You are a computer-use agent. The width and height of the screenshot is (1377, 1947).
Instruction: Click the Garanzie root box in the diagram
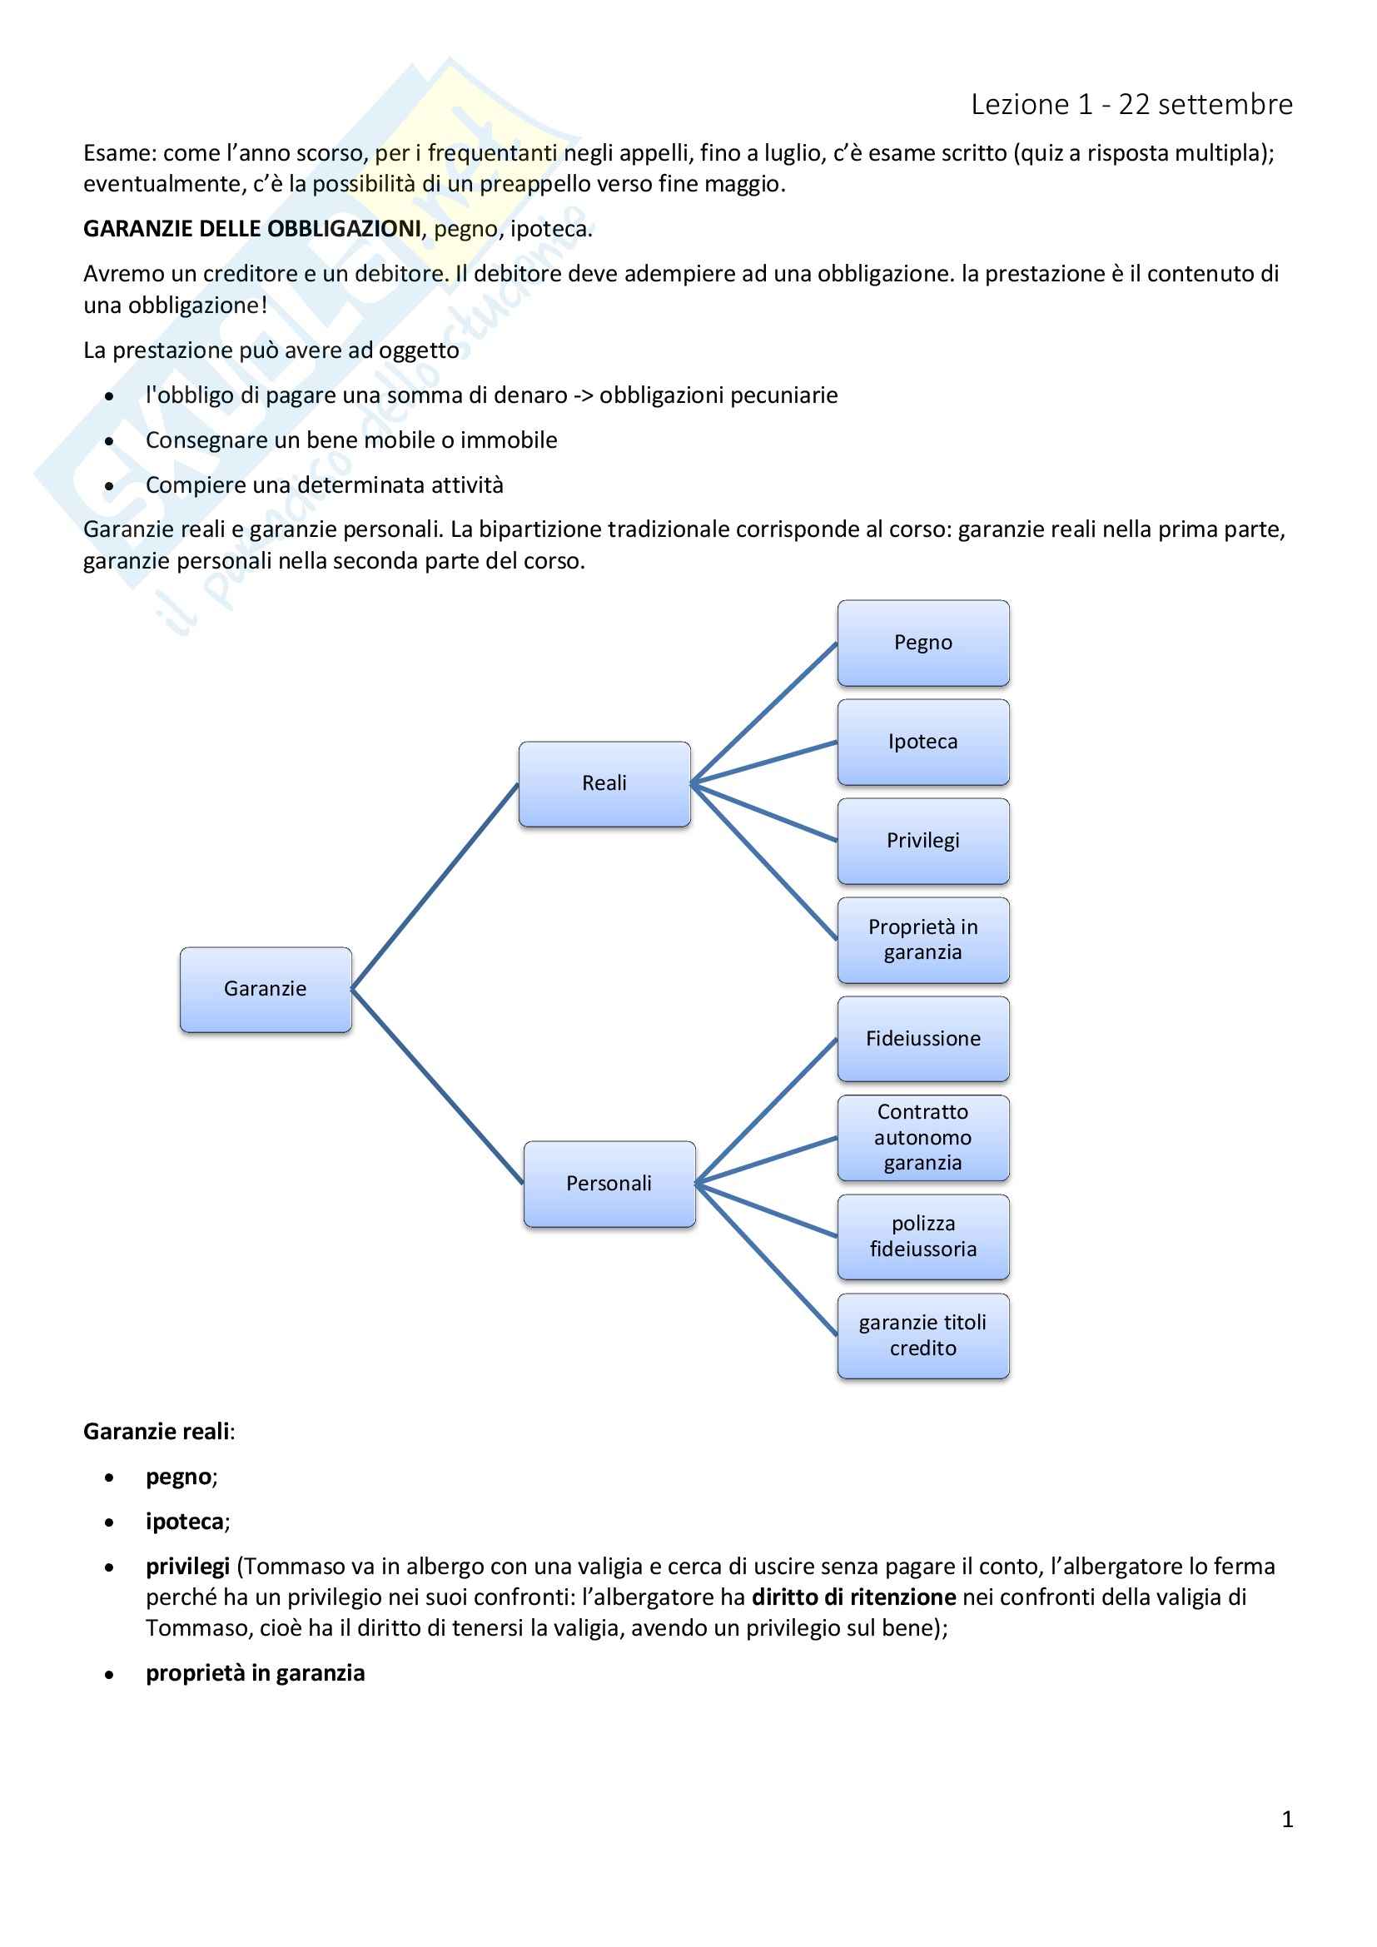pyautogui.click(x=266, y=989)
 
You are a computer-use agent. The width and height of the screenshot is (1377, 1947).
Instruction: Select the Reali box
pyautogui.click(x=604, y=783)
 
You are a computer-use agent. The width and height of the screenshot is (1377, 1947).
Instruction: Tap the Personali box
pyautogui.click(x=609, y=1184)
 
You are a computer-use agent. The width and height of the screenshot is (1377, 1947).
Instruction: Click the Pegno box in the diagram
pyautogui.click(x=922, y=643)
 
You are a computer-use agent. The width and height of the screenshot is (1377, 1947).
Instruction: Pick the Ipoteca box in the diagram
pyautogui.click(x=922, y=742)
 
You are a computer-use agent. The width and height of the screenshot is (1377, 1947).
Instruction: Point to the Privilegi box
pyautogui.click(x=922, y=842)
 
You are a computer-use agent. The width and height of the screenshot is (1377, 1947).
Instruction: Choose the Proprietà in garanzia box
pyautogui.click(x=922, y=940)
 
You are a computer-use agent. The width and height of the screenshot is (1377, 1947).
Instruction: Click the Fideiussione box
pyautogui.click(x=922, y=1039)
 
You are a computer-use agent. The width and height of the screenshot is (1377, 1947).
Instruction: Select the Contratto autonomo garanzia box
pyautogui.click(x=922, y=1138)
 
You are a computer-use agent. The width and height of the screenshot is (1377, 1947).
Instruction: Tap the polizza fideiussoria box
pyautogui.click(x=922, y=1236)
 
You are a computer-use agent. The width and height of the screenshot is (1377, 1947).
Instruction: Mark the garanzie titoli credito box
pyautogui.click(x=922, y=1335)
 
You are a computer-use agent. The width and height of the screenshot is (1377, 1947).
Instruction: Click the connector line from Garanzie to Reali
pyautogui.click(x=434, y=887)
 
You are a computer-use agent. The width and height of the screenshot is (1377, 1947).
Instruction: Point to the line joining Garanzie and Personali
pyautogui.click(x=437, y=1085)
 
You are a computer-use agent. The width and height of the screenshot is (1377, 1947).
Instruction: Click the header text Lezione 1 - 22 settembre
pyautogui.click(x=1131, y=104)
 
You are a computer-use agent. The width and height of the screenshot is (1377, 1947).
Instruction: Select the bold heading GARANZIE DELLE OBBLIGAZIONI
pyautogui.click(x=251, y=229)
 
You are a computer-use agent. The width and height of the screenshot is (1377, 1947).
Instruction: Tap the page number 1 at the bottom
pyautogui.click(x=1287, y=1819)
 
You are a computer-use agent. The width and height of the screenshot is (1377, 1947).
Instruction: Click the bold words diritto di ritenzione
pyautogui.click(x=853, y=1597)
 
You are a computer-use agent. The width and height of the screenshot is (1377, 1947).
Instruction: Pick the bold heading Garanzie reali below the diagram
pyautogui.click(x=157, y=1432)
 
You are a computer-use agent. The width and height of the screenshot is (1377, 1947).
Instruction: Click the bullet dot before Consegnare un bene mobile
pyautogui.click(x=109, y=441)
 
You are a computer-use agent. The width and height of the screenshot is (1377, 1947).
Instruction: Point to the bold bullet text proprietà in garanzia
pyautogui.click(x=256, y=1673)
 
